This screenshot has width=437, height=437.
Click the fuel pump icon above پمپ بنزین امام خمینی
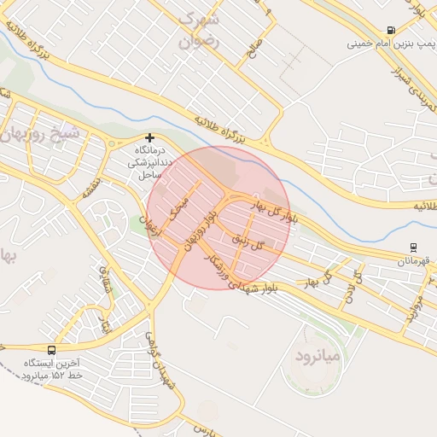[x=391, y=30]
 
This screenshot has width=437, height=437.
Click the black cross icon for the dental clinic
[x=150, y=137]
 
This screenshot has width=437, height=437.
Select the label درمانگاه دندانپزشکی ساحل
[x=149, y=161]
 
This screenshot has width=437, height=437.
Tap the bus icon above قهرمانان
[x=414, y=248]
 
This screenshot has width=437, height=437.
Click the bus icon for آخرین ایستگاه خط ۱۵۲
[x=53, y=350]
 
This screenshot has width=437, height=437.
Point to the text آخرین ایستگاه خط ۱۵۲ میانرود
[x=53, y=370]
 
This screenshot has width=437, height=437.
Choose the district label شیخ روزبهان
[x=41, y=134]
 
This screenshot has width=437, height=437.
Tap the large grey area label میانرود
[x=316, y=353]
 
